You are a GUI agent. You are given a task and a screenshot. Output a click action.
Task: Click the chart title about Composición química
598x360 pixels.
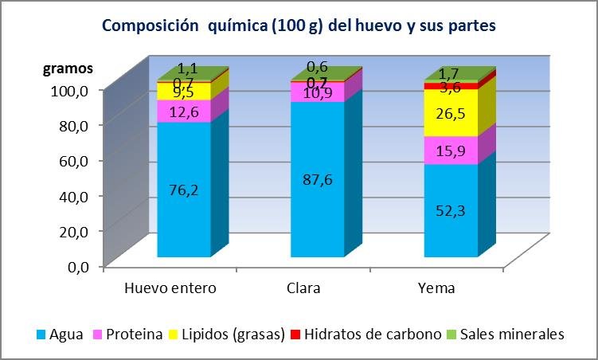299,25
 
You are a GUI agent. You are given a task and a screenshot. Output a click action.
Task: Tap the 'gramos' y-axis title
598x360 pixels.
67,68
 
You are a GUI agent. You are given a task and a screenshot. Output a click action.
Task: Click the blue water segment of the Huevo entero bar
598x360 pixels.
183,215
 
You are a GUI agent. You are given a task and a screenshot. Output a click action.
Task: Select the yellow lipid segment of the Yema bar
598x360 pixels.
450,112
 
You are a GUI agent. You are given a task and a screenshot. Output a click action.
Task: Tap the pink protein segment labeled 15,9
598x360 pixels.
450,150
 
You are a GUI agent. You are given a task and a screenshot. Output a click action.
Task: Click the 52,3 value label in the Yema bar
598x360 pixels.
450,210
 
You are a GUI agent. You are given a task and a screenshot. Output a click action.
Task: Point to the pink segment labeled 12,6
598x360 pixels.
183,111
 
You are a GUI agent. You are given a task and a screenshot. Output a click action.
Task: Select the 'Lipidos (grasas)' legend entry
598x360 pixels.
230,335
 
